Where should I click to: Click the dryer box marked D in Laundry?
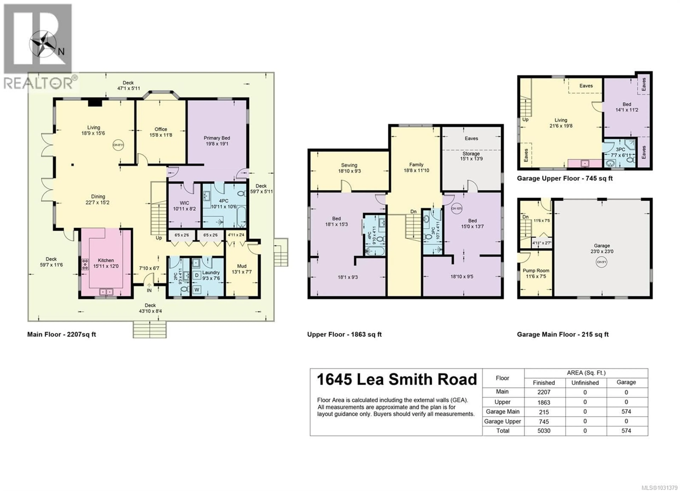[197, 275]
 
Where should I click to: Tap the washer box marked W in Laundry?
[197, 289]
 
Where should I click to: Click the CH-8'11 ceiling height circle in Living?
[118, 145]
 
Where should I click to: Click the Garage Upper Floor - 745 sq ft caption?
[565, 179]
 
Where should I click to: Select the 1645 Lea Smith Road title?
[397, 379]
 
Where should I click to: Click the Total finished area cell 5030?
[544, 431]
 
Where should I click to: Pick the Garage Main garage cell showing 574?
[626, 411]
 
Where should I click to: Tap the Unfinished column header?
[585, 383]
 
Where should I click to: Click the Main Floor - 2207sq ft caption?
[61, 334]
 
